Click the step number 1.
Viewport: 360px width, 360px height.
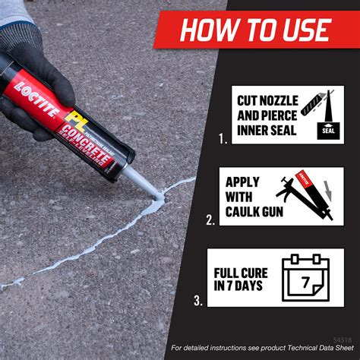click(x=222, y=139)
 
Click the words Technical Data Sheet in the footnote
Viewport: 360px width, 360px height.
click(x=312, y=348)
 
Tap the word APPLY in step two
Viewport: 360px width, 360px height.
click(x=242, y=183)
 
